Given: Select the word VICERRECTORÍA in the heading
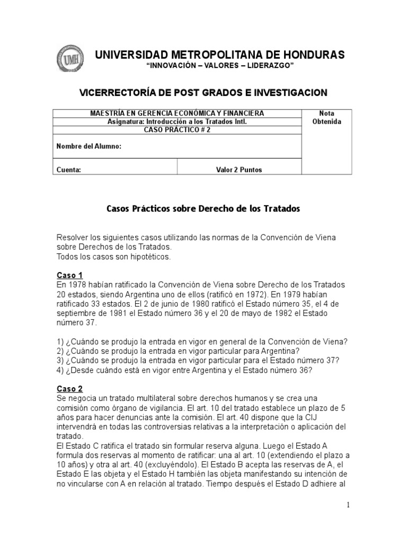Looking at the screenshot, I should [x=118, y=93].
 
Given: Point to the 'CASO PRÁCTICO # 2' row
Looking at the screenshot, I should [x=177, y=129].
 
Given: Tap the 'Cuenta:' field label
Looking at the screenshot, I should [x=68, y=170].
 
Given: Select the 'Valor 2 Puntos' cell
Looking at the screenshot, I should [x=238, y=170].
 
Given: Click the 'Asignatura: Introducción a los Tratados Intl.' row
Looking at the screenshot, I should [x=177, y=121].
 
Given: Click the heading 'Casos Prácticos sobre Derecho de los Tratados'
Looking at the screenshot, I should [x=203, y=209].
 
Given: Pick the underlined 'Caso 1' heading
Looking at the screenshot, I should [x=69, y=275].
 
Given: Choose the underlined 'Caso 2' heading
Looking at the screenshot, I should [x=69, y=389].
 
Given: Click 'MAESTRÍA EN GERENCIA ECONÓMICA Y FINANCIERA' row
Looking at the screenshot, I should [x=177, y=113].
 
